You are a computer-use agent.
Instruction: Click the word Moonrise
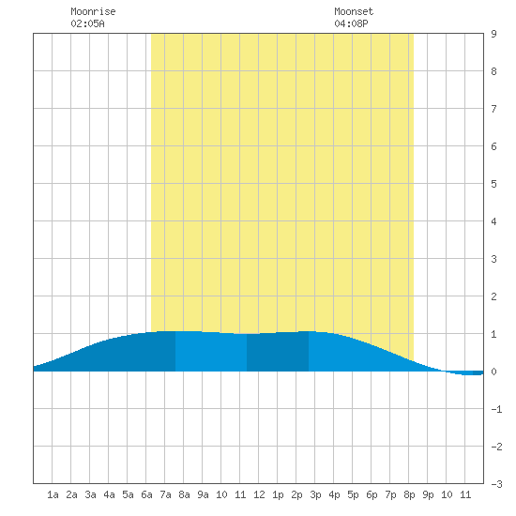coord(93,11)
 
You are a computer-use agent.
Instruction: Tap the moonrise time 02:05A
coord(87,23)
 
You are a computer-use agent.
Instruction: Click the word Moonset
coord(354,11)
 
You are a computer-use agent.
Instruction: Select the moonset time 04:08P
coord(351,23)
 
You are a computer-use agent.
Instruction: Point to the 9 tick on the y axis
coord(493,34)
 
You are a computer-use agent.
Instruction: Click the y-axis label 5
coord(493,184)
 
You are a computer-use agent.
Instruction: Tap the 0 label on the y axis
coord(493,372)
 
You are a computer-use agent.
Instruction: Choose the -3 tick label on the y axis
coord(496,484)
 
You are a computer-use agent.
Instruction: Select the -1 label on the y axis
coord(496,409)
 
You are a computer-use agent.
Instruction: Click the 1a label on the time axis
coord(53,494)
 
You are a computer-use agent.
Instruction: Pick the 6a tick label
coord(146,494)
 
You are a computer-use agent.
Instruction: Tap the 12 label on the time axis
coord(259,494)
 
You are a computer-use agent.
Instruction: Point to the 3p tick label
coord(315,494)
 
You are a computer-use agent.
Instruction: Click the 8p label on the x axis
coord(409,494)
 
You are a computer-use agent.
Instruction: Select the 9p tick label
coord(428,494)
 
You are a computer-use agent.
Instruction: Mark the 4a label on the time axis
coord(109,494)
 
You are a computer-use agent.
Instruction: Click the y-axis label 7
coord(493,109)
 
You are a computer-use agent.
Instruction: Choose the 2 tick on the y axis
coord(493,296)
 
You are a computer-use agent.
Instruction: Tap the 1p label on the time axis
coord(278,494)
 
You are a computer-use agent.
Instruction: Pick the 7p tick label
coord(390,494)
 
